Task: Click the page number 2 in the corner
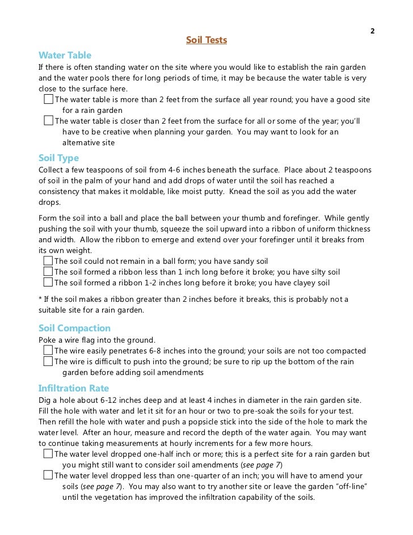click(373, 31)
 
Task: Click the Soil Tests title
click(206, 40)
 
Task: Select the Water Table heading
click(65, 56)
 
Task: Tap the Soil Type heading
click(58, 158)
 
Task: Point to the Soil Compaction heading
click(74, 328)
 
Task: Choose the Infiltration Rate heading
click(73, 389)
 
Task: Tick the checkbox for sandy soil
click(48, 261)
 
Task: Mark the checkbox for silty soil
click(48, 272)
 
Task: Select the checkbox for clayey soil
click(48, 283)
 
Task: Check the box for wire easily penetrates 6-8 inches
click(48, 351)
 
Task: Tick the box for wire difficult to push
click(48, 362)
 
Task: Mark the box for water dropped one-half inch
click(48, 454)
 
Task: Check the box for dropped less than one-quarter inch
click(48, 475)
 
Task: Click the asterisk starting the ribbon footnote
click(40, 299)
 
